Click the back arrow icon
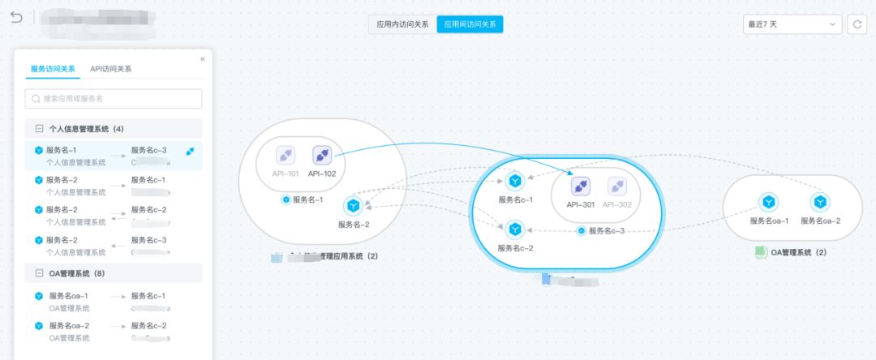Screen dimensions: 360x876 [16, 17]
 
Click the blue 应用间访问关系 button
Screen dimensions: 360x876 [470, 24]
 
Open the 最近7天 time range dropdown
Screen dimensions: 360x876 [792, 24]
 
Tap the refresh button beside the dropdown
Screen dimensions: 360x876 [857, 24]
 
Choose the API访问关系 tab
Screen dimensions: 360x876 [111, 69]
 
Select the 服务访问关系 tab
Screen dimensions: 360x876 [53, 69]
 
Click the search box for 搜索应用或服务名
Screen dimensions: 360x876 [114, 99]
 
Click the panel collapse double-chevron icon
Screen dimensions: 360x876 [202, 58]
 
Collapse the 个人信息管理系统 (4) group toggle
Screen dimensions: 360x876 [38, 129]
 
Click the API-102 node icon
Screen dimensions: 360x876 [322, 154]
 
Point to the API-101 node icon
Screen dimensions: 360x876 [286, 154]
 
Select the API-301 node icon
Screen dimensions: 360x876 [580, 186]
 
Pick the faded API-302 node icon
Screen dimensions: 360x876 [617, 186]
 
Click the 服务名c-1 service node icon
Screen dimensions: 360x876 [513, 182]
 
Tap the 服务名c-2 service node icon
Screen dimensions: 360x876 [513, 230]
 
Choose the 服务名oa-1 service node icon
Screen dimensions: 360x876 [769, 202]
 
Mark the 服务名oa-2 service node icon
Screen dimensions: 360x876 [820, 202]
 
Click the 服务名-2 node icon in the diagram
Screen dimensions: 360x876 [353, 206]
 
